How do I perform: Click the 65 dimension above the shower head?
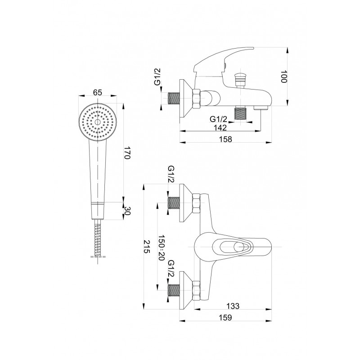tap(97, 93)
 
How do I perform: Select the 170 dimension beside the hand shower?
tap(127, 153)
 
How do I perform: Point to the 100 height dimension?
tap(284, 76)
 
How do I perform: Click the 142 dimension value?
tap(220, 127)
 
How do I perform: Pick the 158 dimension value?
tap(225, 139)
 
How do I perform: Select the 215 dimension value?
tap(147, 246)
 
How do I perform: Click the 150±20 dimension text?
tap(162, 247)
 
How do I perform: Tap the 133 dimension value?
tap(233, 306)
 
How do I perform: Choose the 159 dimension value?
tap(225, 318)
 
